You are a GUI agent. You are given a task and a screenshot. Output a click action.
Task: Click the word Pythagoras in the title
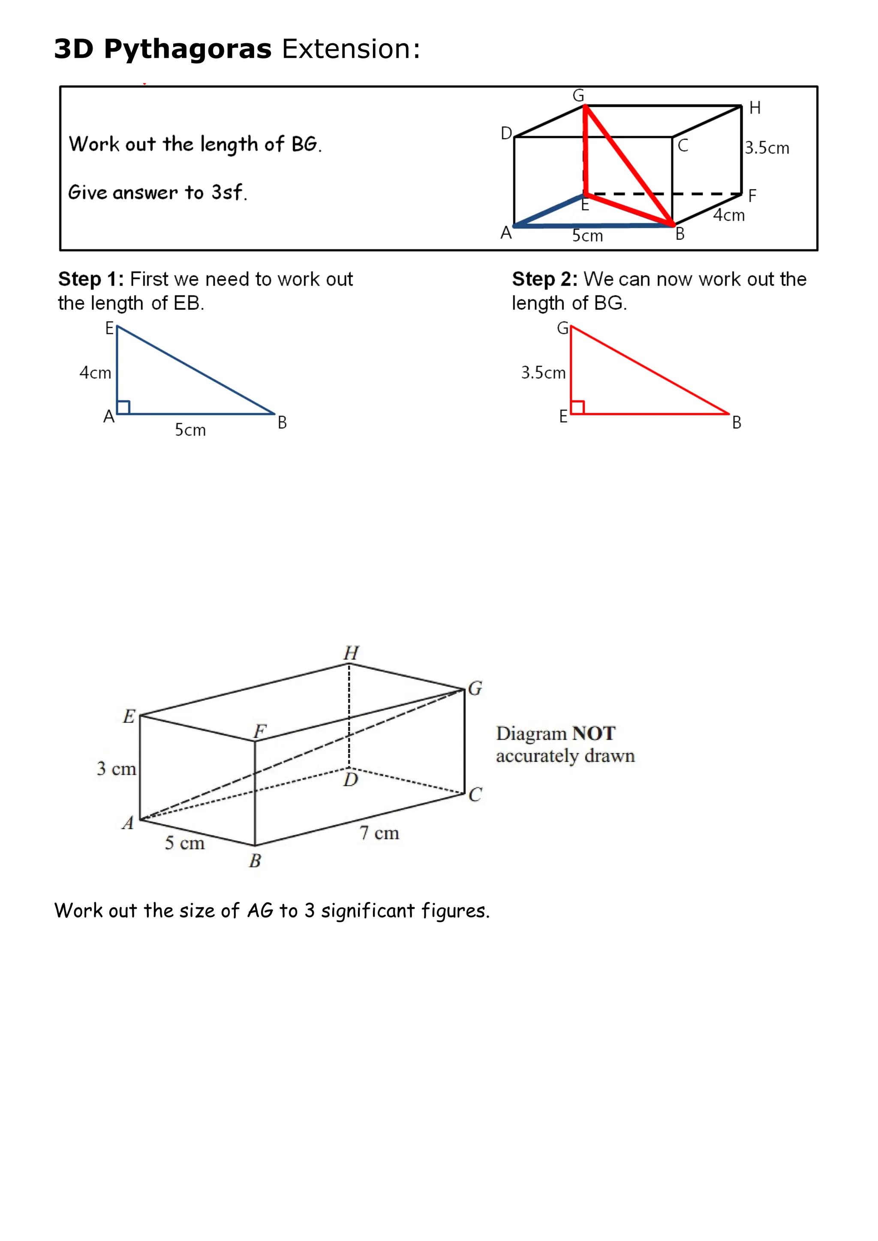[188, 50]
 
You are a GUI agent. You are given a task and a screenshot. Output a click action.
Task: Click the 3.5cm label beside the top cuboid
[767, 148]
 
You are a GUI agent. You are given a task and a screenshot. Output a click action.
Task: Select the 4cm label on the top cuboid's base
[728, 216]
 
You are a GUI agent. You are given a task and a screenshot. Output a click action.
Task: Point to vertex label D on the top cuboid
[506, 133]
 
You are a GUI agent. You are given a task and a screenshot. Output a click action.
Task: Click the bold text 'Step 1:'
[91, 279]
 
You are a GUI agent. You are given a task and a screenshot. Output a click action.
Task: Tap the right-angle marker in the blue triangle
[124, 408]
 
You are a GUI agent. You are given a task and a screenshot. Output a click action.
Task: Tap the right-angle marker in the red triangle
[578, 408]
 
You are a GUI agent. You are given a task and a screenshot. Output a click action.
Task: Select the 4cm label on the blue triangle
[95, 373]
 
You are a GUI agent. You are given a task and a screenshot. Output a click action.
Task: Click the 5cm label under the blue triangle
[190, 430]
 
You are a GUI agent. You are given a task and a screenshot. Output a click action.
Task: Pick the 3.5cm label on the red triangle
[543, 373]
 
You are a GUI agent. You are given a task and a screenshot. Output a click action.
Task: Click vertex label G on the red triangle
[563, 328]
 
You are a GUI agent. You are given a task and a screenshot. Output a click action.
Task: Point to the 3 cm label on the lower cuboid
[116, 769]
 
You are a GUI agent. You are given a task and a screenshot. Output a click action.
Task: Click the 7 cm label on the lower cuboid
[379, 833]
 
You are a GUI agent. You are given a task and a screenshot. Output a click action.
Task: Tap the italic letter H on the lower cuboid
[352, 653]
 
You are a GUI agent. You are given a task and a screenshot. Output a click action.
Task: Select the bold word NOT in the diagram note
[594, 734]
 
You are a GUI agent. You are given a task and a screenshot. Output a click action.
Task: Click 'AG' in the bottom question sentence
[260, 911]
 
